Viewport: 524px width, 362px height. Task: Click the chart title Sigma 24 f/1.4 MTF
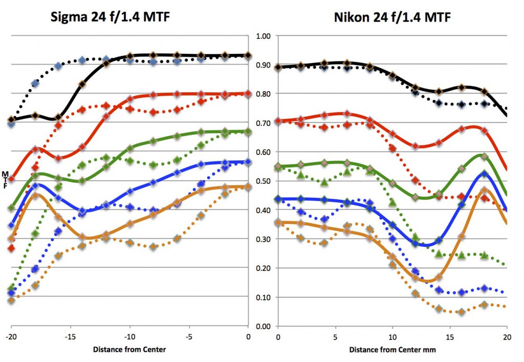[110, 17]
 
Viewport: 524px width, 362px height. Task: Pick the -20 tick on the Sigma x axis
[11, 337]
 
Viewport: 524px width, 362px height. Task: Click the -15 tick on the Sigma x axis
[70, 337]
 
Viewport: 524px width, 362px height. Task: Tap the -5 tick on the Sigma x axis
[189, 337]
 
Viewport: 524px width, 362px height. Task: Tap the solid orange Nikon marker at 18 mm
[484, 190]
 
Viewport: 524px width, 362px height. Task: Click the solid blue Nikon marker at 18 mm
[484, 174]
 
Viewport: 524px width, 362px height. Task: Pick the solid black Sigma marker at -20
[11, 119]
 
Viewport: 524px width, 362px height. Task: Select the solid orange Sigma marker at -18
[35, 196]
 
